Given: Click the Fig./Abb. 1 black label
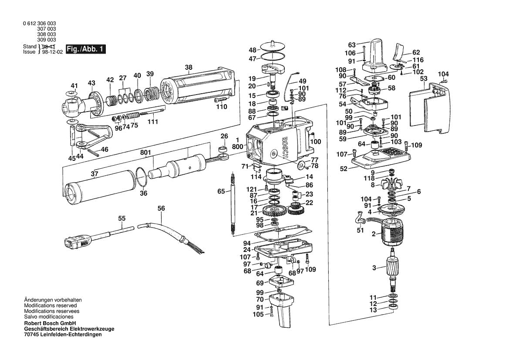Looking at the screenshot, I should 85,49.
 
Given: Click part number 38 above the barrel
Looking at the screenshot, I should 188,68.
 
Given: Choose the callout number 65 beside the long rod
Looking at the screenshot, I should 221,191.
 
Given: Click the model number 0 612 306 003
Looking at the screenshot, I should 39,24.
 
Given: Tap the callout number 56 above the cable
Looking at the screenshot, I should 161,209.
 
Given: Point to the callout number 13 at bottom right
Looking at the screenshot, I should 373,310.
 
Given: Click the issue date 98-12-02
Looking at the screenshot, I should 53,51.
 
